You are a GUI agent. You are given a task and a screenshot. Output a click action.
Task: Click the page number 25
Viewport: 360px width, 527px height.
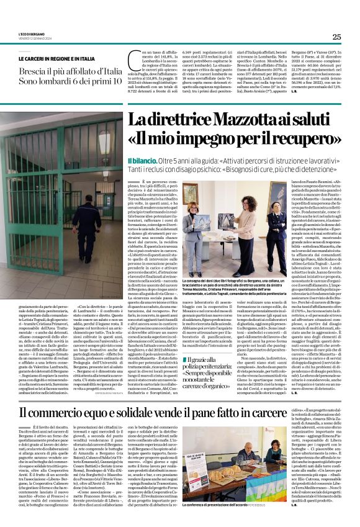[336, 37]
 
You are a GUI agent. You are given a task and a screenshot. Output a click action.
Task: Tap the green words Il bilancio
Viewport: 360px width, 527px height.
[141, 160]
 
